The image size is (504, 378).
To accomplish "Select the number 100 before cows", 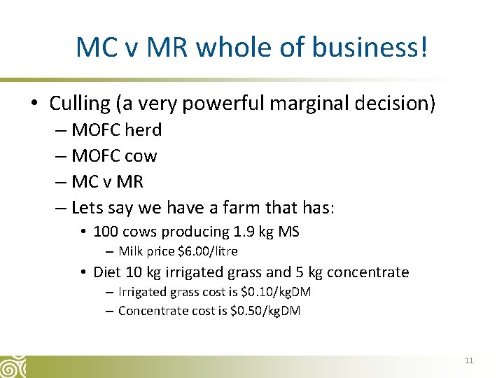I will pos(105,232).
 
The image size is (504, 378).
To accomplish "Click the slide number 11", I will pos(468,360).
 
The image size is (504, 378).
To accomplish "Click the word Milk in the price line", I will pos(130,251).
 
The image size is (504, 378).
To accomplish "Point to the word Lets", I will pos(86,208).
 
